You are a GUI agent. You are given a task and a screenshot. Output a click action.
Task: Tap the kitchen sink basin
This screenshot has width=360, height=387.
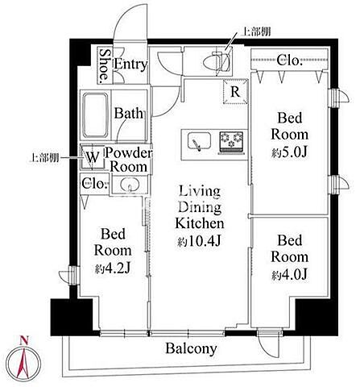(200, 142)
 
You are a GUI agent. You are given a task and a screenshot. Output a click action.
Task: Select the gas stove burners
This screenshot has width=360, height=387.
(231, 141)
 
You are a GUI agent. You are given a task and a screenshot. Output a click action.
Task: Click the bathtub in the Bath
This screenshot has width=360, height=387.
(95, 115)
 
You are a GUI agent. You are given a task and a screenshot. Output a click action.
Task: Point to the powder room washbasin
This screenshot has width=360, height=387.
(130, 185)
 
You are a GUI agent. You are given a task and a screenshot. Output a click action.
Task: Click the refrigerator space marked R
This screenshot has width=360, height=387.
(235, 92)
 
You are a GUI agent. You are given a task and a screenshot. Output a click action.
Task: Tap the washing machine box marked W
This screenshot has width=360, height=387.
(93, 157)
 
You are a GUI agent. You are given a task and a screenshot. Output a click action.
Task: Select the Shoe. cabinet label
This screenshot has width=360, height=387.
(104, 65)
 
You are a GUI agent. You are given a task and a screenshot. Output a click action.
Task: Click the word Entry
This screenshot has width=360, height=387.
(130, 64)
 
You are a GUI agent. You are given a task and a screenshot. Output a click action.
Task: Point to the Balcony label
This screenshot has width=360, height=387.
(191, 348)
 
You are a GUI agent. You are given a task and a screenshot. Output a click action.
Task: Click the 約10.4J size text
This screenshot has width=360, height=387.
(199, 242)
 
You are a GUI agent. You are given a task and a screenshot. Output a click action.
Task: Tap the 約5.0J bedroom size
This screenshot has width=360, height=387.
(289, 152)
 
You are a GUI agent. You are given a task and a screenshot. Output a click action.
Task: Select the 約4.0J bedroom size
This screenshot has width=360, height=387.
(289, 275)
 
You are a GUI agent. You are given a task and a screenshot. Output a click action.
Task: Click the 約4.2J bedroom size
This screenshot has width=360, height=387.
(113, 268)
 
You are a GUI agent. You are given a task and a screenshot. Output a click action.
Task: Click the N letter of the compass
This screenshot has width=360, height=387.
(24, 340)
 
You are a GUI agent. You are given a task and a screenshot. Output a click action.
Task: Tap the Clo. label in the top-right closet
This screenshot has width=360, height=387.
(289, 60)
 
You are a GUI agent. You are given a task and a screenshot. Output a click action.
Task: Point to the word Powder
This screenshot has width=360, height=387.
(128, 153)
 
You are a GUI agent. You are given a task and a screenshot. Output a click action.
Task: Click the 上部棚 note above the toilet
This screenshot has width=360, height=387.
(256, 31)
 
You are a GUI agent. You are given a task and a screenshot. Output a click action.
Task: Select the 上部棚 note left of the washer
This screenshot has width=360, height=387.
(43, 158)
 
